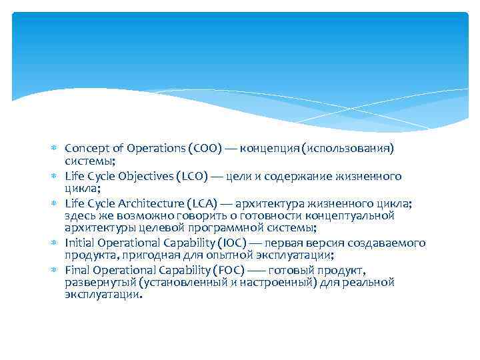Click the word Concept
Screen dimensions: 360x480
tap(85, 147)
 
